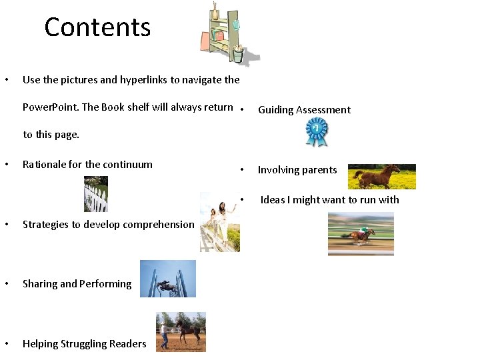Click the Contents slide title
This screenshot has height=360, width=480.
[97, 27]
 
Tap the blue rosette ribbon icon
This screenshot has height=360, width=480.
[316, 132]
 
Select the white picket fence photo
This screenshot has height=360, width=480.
[96, 194]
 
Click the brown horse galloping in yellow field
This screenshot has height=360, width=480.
[381, 177]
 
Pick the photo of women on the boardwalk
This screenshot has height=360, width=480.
[219, 222]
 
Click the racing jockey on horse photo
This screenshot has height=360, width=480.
[361, 233]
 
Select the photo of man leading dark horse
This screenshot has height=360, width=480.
[181, 331]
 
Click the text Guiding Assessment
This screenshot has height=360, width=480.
[304, 110]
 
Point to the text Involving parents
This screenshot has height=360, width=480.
[297, 170]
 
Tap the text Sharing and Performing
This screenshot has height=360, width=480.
[77, 284]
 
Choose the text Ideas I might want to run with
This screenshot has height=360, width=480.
[329, 200]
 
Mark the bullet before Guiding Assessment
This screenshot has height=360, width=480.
[245, 110]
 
